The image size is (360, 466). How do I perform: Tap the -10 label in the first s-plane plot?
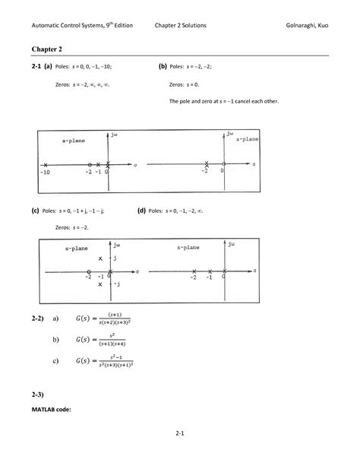(45, 172)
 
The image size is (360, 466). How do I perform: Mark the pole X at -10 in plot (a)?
(46, 164)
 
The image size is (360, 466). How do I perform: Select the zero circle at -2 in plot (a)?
(90, 164)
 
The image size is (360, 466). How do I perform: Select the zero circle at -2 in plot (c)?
(89, 271)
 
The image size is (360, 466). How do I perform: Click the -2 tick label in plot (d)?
(194, 278)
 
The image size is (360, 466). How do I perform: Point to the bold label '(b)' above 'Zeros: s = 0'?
(162, 66)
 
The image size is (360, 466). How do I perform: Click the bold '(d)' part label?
(141, 211)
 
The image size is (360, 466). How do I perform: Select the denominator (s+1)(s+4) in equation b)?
(113, 344)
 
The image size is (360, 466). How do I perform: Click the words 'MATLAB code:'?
(52, 409)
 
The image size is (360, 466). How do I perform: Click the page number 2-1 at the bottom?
(180, 434)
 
